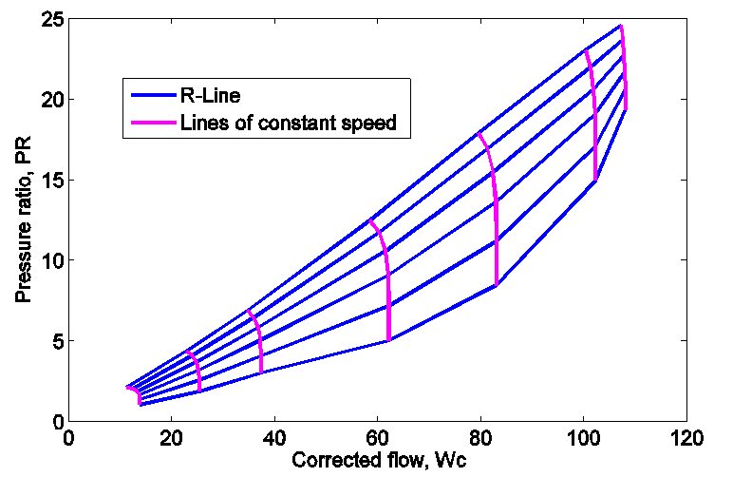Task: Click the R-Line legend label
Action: coord(216,95)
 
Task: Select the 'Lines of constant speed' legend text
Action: coord(287,123)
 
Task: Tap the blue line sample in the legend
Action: coord(150,95)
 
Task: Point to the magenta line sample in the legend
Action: coord(150,123)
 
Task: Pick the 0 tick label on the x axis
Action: coord(67,439)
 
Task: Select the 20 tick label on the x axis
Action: coord(171,439)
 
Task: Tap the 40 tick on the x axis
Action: coord(273,439)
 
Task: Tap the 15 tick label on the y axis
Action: coord(49,180)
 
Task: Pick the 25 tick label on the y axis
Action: coord(49,19)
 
